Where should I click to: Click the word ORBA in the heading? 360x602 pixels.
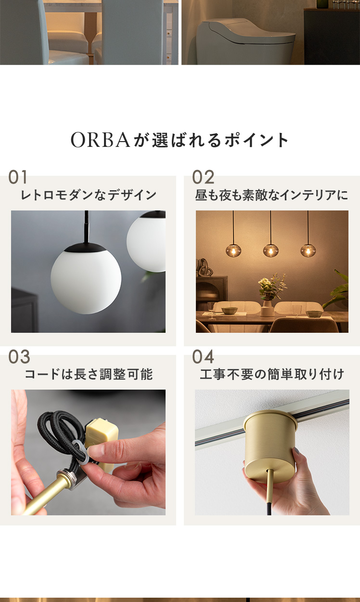pyautogui.click(x=101, y=140)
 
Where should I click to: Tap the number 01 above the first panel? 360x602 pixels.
pyautogui.click(x=18, y=177)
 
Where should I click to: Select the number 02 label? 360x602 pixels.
pyautogui.click(x=203, y=177)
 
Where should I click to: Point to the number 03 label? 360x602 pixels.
pyautogui.click(x=19, y=357)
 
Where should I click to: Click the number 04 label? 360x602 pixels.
pyautogui.click(x=203, y=357)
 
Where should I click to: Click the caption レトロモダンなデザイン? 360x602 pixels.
pyautogui.click(x=89, y=195)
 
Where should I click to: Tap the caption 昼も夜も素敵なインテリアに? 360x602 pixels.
pyautogui.click(x=271, y=195)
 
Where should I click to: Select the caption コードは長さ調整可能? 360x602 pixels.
pyautogui.click(x=89, y=374)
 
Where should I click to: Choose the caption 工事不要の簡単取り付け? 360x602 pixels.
pyautogui.click(x=272, y=374)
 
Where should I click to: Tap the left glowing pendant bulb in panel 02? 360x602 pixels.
pyautogui.click(x=233, y=251)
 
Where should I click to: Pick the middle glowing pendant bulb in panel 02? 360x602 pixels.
pyautogui.click(x=271, y=251)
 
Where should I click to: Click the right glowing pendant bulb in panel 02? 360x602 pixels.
pyautogui.click(x=308, y=251)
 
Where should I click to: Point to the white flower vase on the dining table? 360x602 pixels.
pyautogui.click(x=267, y=308)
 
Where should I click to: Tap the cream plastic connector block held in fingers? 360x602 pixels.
pyautogui.click(x=102, y=432)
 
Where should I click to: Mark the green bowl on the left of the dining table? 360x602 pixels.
pyautogui.click(x=230, y=311)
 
